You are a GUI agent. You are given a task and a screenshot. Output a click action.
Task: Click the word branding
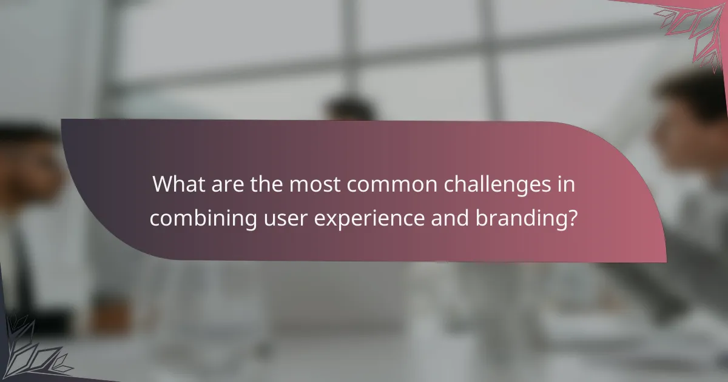(x=522, y=218)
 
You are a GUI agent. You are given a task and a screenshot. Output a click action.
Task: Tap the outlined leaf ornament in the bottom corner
(x=30, y=352)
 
